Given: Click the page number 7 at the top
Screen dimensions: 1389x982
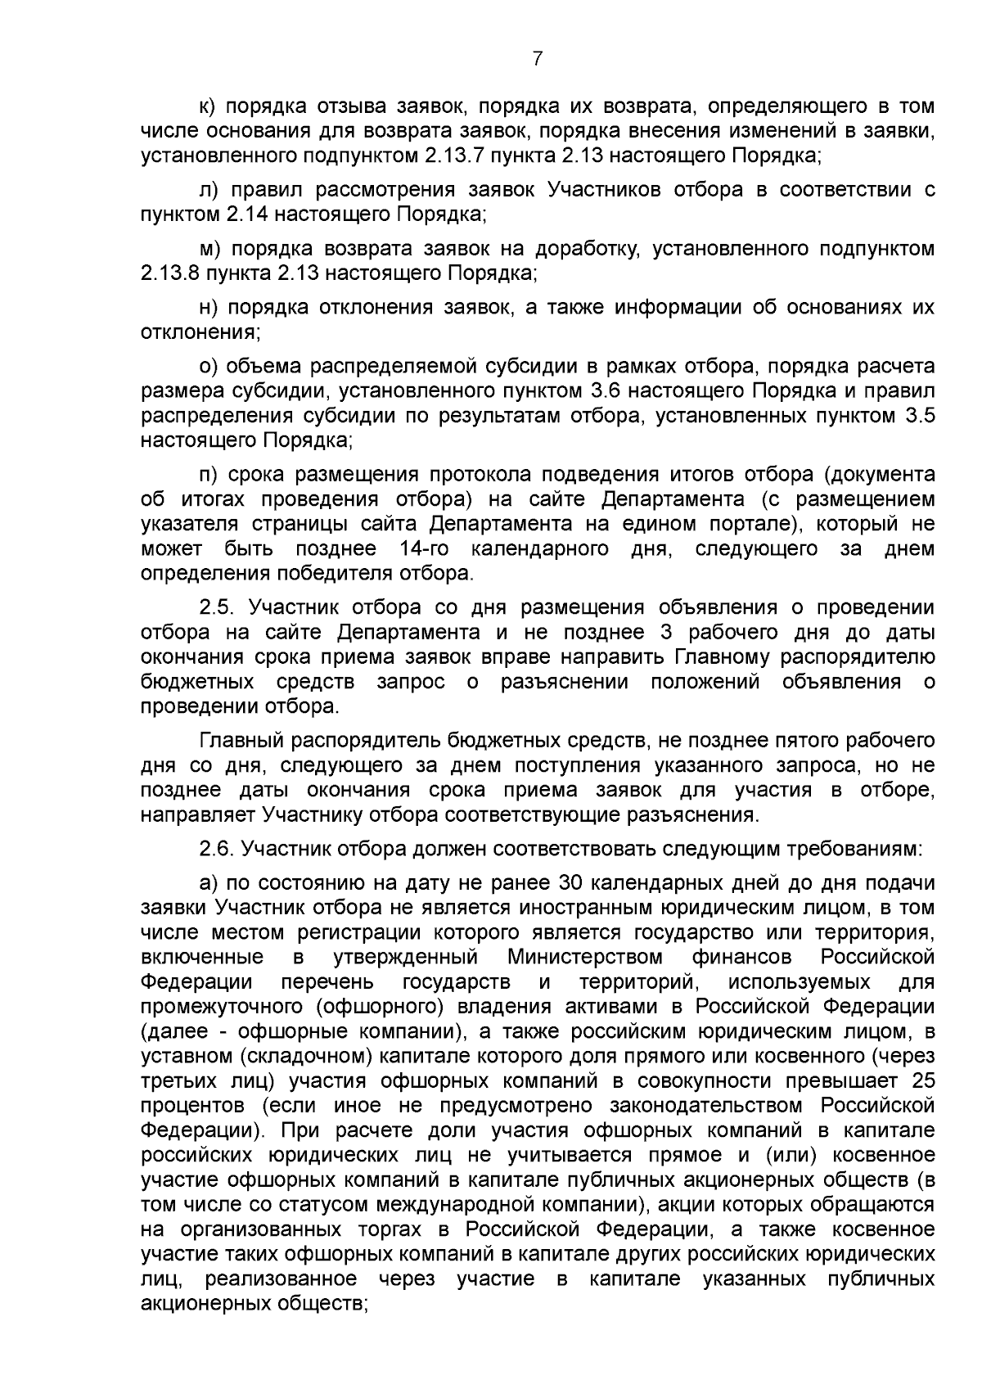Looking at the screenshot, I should [537, 59].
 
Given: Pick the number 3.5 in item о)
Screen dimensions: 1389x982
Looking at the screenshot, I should [920, 416].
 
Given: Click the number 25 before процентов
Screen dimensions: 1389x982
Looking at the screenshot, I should [921, 1081].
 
